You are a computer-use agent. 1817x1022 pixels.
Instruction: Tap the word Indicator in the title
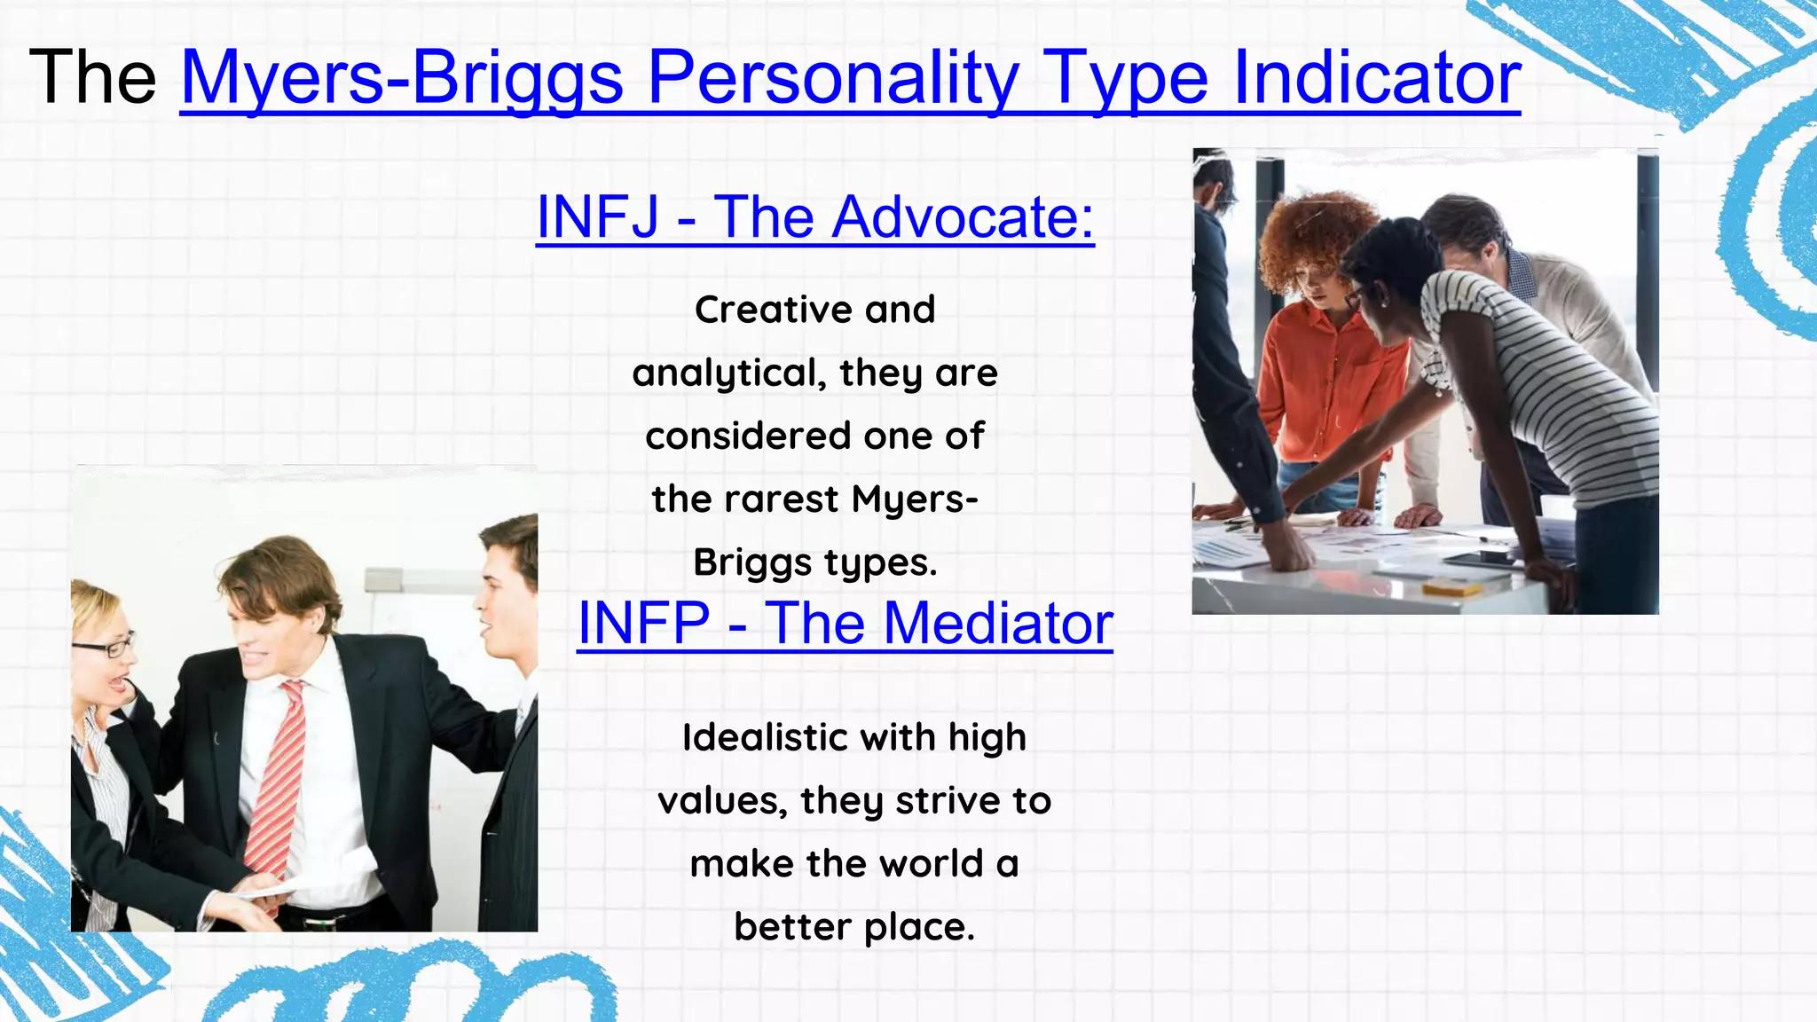(x=1376, y=78)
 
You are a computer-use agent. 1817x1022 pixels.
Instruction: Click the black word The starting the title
(x=93, y=78)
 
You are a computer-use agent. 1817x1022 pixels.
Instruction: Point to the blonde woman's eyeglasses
(x=105, y=646)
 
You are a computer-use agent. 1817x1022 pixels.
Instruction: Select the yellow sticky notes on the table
(x=1450, y=586)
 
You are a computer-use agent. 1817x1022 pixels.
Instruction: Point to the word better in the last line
(x=792, y=927)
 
